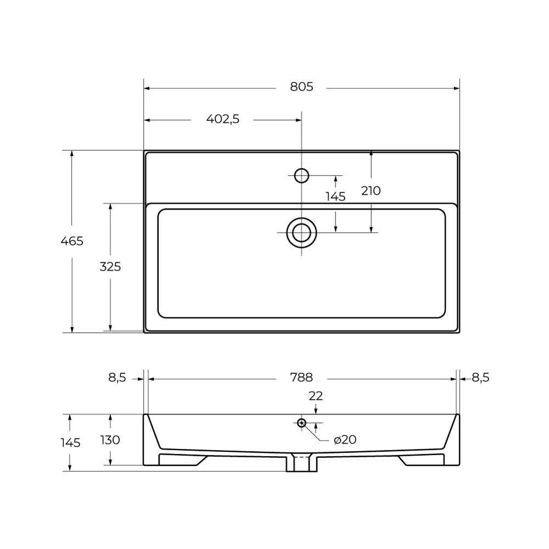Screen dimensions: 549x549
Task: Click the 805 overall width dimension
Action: point(301,87)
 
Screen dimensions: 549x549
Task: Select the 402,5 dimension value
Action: point(223,119)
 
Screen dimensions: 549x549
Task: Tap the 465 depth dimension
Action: point(72,240)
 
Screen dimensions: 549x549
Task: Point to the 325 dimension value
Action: point(110,267)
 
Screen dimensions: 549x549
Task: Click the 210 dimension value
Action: point(371,191)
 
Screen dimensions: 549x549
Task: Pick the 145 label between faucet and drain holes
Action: point(335,197)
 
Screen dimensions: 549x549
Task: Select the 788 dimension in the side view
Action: point(301,377)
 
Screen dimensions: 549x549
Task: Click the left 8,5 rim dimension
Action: point(117,377)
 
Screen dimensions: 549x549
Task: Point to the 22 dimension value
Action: point(316,395)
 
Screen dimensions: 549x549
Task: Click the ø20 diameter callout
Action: point(345,440)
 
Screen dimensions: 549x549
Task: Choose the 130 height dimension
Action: point(110,440)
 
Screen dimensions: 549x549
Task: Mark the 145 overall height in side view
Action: point(70,442)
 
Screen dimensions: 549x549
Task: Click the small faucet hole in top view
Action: point(301,175)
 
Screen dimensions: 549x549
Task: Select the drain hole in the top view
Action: point(301,232)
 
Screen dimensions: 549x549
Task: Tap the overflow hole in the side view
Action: point(301,422)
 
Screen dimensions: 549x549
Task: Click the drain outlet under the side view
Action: point(301,463)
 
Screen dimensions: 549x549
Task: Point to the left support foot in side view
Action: point(181,459)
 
